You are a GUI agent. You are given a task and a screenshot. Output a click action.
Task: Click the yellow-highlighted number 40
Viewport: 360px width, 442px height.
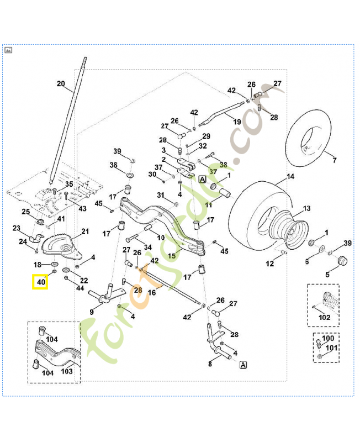[x=40, y=282]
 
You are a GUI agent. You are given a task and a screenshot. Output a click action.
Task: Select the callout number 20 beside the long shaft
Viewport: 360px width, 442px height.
[x=61, y=84]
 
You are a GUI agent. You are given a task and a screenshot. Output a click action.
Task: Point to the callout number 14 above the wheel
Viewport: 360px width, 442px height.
[x=290, y=177]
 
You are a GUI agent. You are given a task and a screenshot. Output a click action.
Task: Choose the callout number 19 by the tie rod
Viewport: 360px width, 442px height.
[x=237, y=121]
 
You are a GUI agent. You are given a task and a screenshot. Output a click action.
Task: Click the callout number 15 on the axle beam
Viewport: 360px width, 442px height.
[x=172, y=255]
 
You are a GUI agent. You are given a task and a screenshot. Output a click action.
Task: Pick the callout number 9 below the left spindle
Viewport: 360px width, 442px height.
[x=92, y=312]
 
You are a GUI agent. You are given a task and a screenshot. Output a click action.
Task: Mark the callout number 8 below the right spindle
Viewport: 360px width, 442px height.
[x=210, y=363]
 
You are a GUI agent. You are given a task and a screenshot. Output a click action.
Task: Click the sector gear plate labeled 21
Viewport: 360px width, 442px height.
[x=64, y=247]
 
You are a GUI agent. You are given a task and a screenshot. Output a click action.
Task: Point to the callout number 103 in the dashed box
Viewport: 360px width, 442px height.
[x=67, y=371]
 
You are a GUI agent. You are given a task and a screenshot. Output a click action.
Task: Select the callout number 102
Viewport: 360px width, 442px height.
[x=325, y=318]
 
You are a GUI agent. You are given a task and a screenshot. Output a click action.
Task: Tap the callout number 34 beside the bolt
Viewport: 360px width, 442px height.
[x=147, y=246]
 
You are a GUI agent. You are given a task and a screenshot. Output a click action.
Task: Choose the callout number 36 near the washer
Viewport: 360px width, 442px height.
[x=113, y=165]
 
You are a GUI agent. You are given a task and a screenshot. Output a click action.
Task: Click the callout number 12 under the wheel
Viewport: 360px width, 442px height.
[x=269, y=264]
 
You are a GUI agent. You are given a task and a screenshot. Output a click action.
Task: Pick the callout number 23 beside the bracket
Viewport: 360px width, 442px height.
[x=16, y=228]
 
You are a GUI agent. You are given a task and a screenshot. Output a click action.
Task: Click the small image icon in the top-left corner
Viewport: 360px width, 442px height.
[x=8, y=50]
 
